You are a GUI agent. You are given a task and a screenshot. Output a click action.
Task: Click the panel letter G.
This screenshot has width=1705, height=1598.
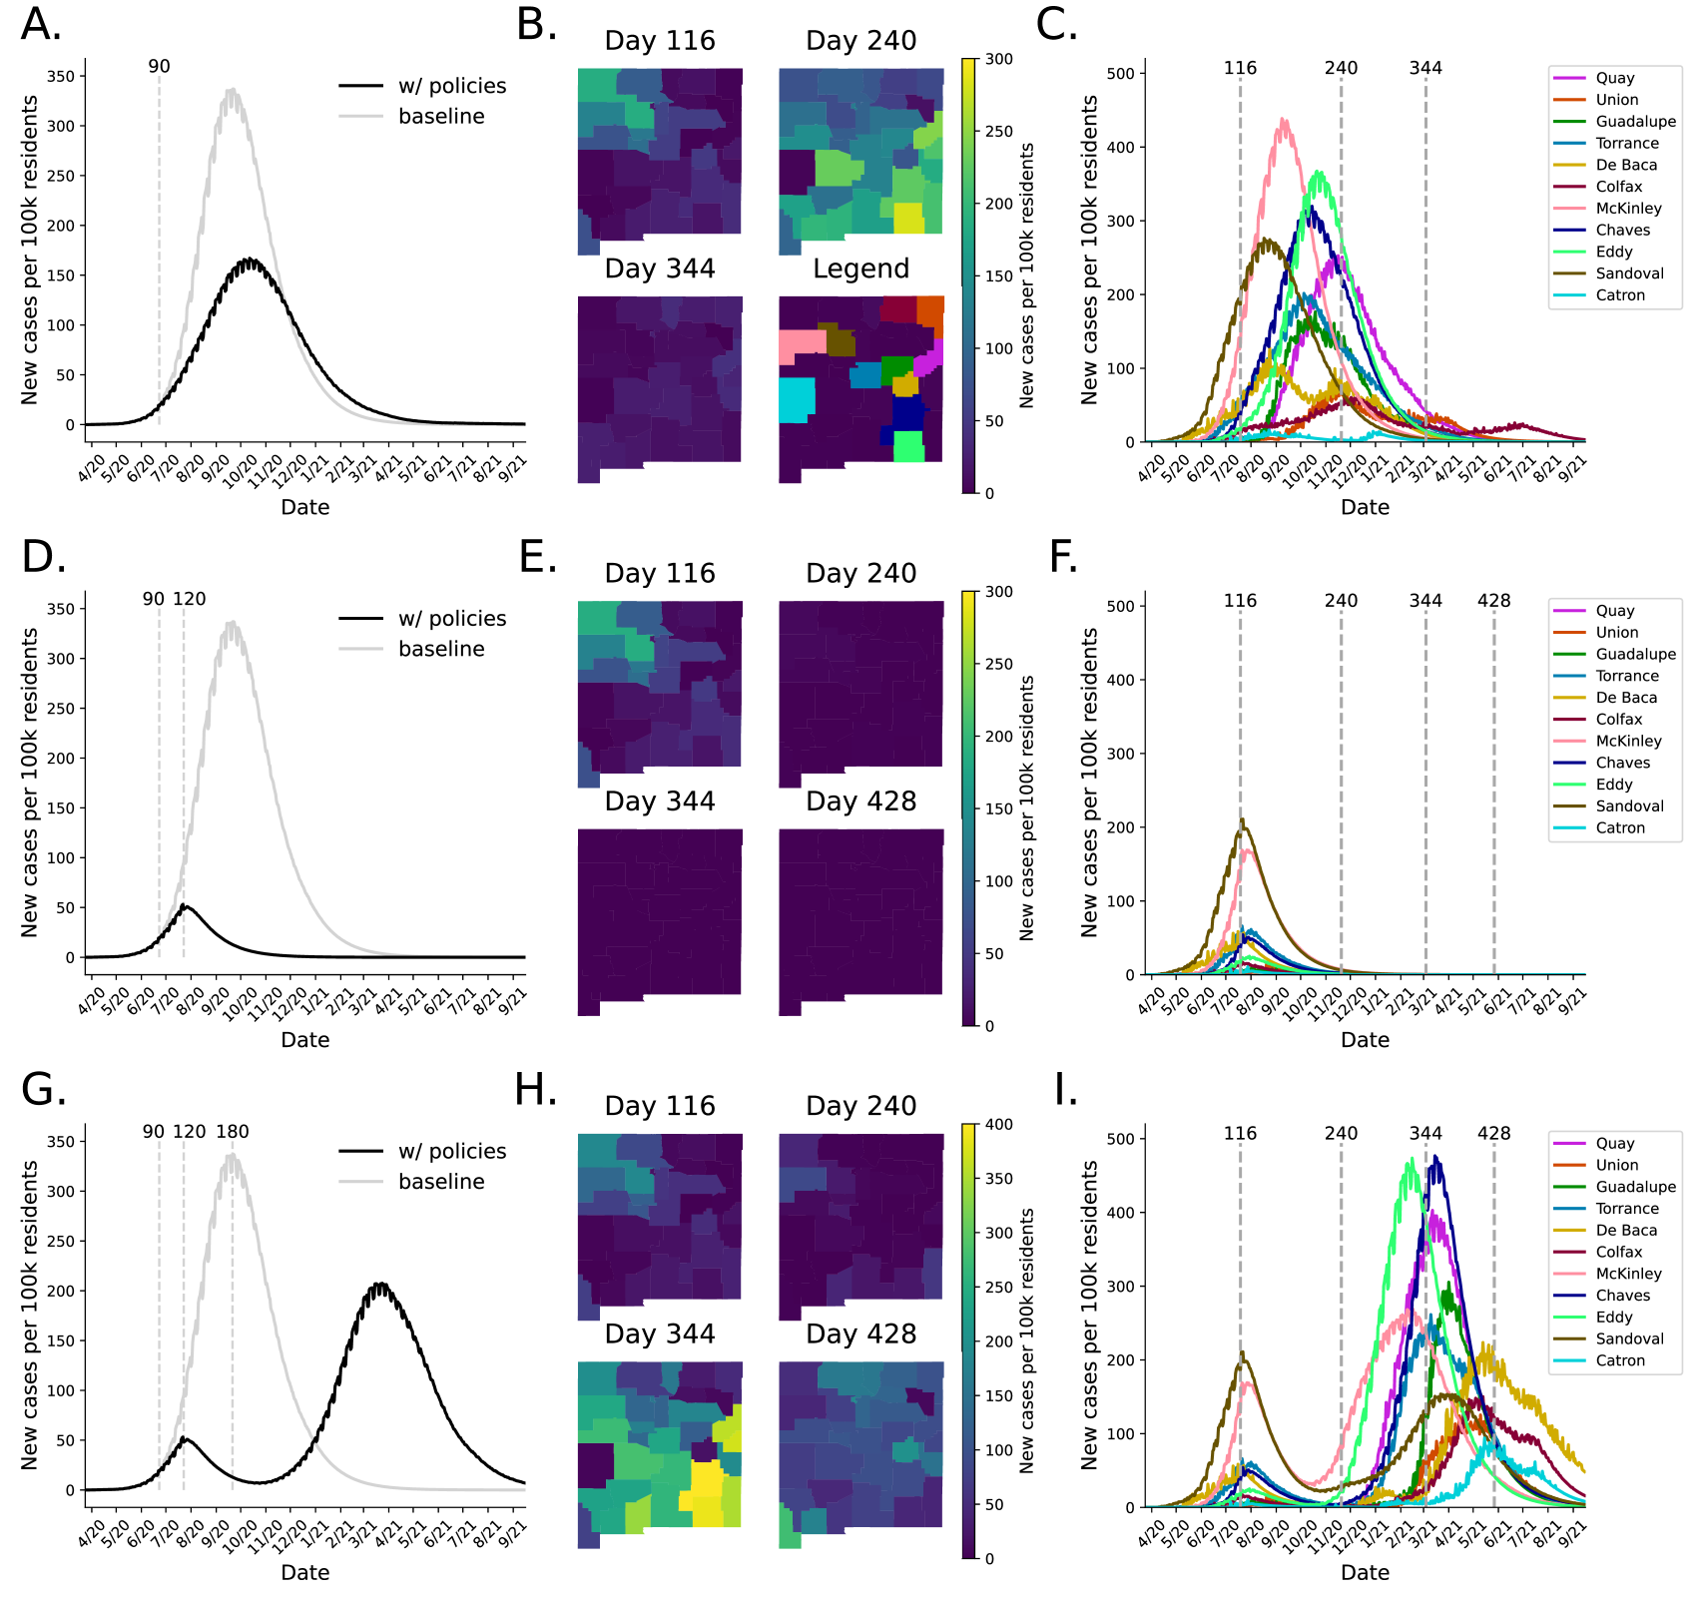click(x=43, y=1090)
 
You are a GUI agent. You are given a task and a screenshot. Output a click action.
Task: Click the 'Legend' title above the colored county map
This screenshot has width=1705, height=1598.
click(x=860, y=268)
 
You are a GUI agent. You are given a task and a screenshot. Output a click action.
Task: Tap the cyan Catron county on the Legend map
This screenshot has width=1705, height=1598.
click(x=797, y=399)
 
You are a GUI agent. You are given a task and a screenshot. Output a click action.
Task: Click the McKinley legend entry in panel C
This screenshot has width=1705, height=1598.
click(x=1628, y=209)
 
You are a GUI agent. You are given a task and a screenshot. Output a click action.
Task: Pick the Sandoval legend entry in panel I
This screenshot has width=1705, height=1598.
click(x=1629, y=1339)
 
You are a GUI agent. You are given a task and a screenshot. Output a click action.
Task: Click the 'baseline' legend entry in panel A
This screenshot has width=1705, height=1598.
click(x=441, y=117)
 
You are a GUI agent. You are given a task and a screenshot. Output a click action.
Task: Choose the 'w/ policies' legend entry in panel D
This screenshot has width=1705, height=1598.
click(x=451, y=619)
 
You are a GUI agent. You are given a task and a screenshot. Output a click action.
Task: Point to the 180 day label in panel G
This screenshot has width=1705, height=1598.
click(x=233, y=1132)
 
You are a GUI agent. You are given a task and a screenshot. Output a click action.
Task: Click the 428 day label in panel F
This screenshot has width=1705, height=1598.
click(x=1493, y=601)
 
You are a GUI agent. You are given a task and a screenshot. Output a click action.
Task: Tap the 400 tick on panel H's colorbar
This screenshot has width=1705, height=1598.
click(x=999, y=1125)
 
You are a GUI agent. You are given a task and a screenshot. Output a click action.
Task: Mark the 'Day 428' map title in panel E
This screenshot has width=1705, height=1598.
click(x=860, y=801)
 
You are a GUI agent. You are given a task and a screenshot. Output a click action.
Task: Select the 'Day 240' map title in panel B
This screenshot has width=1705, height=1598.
click(x=860, y=41)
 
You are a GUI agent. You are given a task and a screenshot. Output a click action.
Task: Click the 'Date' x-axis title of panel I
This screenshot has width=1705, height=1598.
click(x=1365, y=1573)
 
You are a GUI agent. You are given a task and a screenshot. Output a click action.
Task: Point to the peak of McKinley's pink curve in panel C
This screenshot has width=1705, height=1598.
click(x=1284, y=120)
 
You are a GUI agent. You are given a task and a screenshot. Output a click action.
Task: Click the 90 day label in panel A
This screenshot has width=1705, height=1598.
click(x=159, y=67)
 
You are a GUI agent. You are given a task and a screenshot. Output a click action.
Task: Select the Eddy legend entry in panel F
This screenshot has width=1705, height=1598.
click(x=1613, y=785)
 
